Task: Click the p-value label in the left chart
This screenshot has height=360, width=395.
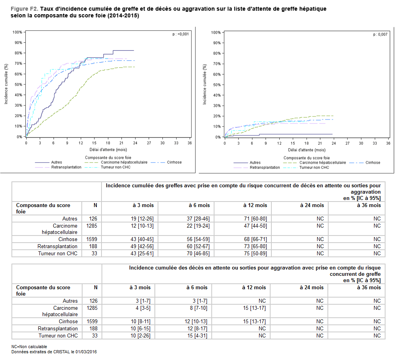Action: coord(181,34)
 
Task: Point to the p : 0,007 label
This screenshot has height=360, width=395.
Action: coord(380,34)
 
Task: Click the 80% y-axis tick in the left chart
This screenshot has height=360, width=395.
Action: coord(17,53)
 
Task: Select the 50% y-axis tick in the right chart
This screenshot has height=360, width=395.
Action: coord(216,85)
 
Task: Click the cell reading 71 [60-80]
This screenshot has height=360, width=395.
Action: coord(256,219)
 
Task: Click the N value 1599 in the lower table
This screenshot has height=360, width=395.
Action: coord(92,321)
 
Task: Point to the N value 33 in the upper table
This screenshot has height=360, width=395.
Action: coord(94,253)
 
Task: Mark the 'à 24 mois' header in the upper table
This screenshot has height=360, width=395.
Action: coord(313,205)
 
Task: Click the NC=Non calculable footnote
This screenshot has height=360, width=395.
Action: coord(29,347)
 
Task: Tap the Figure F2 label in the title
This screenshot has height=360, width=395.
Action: coord(24,8)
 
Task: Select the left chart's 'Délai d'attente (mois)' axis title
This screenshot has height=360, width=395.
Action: coord(108,150)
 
